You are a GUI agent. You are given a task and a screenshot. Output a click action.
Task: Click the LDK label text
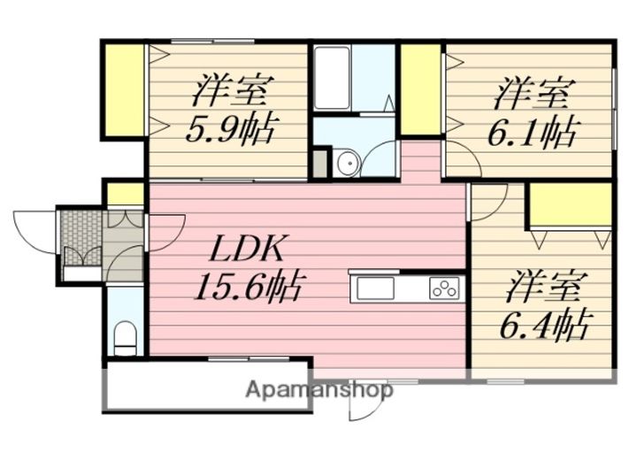247,248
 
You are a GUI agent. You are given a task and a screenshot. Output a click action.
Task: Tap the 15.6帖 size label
249,286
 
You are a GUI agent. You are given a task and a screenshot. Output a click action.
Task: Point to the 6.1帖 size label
532,132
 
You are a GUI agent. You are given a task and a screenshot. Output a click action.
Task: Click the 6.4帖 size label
544,325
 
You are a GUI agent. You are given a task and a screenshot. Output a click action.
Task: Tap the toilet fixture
125,339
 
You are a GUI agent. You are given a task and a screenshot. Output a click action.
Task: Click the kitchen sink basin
375,288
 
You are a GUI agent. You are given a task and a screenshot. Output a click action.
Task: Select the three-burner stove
444,288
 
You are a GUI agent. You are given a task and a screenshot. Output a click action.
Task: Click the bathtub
333,78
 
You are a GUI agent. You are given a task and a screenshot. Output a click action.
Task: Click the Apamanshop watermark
319,390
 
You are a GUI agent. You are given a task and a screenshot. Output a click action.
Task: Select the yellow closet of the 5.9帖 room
125,90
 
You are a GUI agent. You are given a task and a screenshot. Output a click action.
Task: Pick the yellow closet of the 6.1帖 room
421,89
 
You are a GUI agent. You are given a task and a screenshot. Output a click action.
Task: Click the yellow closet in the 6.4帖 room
571,204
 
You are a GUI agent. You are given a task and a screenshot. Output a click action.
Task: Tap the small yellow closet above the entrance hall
125,194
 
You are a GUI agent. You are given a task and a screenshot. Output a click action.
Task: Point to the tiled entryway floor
81,238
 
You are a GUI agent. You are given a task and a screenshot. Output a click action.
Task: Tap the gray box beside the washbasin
319,164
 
